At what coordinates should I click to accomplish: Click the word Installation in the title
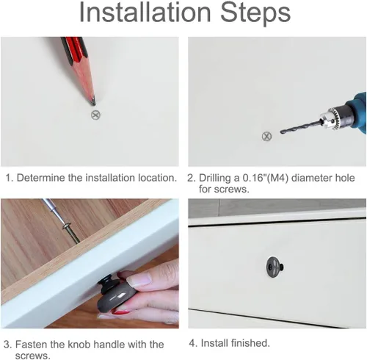point(145,12)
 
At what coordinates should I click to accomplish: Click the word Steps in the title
point(255,12)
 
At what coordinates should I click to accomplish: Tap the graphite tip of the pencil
point(93,102)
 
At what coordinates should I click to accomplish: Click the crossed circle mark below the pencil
point(95,115)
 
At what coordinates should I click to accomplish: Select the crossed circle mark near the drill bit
point(266,136)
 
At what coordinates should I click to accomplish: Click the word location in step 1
point(157,178)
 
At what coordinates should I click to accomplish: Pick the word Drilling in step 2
point(215,179)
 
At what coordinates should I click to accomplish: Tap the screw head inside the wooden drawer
point(67,226)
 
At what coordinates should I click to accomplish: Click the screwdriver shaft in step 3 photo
point(54,211)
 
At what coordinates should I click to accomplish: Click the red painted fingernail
point(121,312)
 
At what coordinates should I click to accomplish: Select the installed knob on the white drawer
point(275,267)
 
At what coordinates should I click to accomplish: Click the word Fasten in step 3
point(31,345)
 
